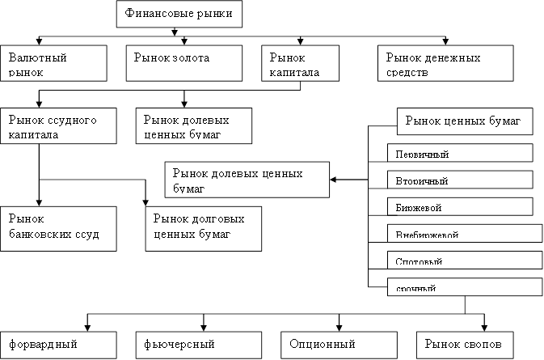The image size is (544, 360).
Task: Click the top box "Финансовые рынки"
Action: point(179,14)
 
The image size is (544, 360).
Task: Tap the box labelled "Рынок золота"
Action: point(184,61)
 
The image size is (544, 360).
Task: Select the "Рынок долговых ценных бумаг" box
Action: point(203,227)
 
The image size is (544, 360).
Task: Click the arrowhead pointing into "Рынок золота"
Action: point(184,41)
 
